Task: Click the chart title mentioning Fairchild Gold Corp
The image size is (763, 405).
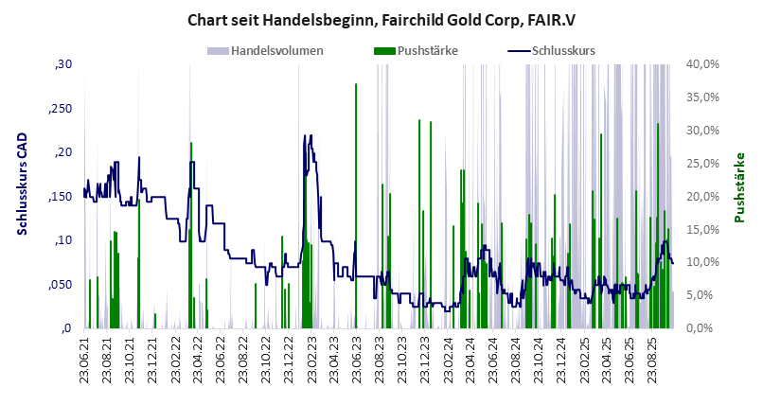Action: pyautogui.click(x=381, y=20)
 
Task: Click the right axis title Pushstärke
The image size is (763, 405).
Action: pyautogui.click(x=741, y=187)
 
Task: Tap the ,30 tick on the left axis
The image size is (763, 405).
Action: pyautogui.click(x=63, y=64)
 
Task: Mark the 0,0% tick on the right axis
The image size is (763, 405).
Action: pyautogui.click(x=707, y=328)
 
